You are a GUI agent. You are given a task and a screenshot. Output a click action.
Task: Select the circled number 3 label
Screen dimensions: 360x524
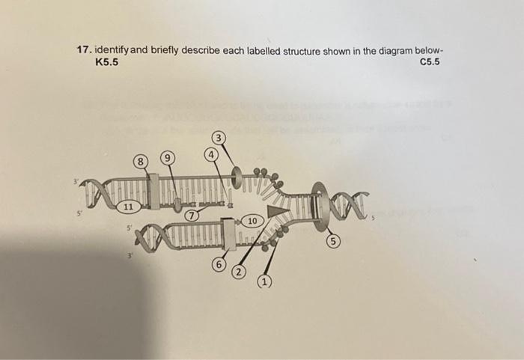pos(218,138)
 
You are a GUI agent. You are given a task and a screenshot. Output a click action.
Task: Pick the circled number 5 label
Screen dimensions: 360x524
pos(332,242)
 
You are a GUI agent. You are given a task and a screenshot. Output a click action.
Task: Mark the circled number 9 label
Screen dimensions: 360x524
pos(169,159)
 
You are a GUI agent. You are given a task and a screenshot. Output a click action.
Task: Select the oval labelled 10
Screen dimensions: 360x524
pos(252,222)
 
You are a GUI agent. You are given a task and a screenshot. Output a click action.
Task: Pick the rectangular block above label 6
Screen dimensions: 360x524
pos(229,235)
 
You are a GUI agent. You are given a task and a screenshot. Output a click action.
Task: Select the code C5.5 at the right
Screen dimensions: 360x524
pos(429,62)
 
